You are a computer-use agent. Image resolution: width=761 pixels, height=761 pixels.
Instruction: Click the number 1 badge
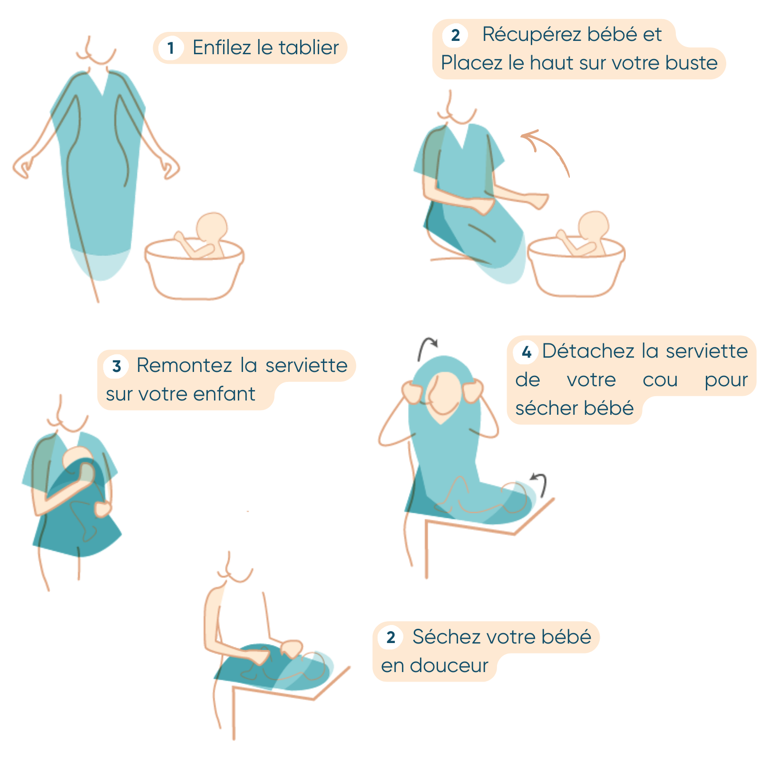coord(171,48)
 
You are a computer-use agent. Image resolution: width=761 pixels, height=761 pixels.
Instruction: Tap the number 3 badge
coord(117,366)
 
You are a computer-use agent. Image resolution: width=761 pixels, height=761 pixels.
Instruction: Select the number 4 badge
coord(526,352)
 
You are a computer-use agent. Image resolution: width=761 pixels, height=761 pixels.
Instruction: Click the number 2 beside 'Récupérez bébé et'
coord(455,35)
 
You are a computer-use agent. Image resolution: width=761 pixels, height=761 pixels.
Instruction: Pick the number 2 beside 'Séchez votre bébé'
coord(390,637)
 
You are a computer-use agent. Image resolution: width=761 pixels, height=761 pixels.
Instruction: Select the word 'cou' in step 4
coord(660,380)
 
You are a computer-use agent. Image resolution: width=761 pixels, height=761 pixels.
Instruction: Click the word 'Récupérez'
coord(532,35)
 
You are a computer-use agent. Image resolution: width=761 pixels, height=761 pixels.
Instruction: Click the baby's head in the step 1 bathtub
coord(212,229)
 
